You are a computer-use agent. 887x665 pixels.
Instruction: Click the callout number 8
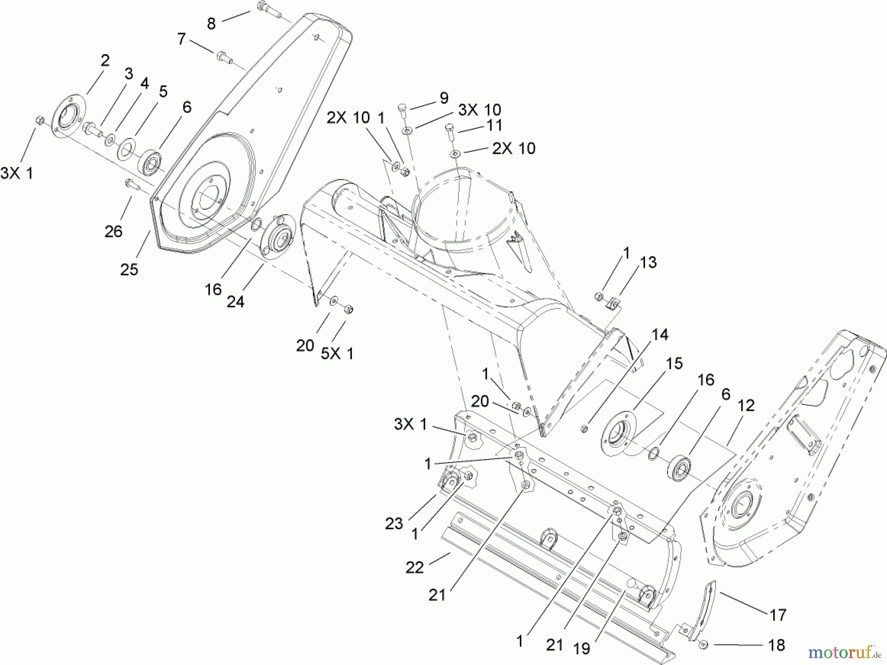tap(211, 23)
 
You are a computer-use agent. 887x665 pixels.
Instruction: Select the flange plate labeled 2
tap(68, 116)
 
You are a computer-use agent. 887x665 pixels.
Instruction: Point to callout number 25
tap(129, 269)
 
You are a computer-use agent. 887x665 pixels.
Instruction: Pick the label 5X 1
tap(337, 353)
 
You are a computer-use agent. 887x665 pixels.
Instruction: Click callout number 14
tap(660, 334)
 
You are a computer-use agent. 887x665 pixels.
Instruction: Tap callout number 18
tap(777, 645)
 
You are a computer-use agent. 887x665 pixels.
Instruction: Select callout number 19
tap(581, 648)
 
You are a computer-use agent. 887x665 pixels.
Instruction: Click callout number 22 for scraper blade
tap(414, 567)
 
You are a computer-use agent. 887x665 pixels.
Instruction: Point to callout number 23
tap(394, 523)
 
